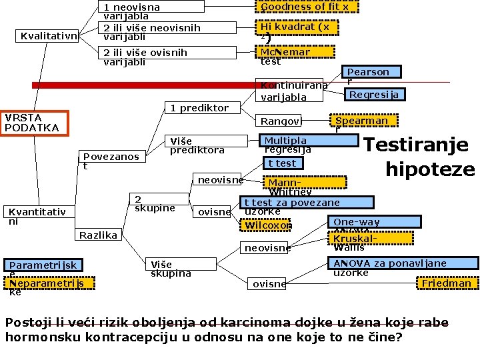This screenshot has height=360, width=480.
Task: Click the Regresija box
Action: click(x=374, y=95)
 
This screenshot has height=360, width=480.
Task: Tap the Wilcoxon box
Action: click(x=268, y=225)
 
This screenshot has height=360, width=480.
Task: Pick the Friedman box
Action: click(x=447, y=283)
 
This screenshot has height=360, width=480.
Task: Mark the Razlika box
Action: click(x=99, y=235)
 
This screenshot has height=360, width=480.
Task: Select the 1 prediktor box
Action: click(x=199, y=108)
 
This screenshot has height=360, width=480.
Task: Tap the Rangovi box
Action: click(x=281, y=121)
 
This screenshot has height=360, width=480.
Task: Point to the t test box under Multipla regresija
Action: click(x=281, y=163)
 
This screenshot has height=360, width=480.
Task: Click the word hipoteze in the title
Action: click(x=430, y=169)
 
